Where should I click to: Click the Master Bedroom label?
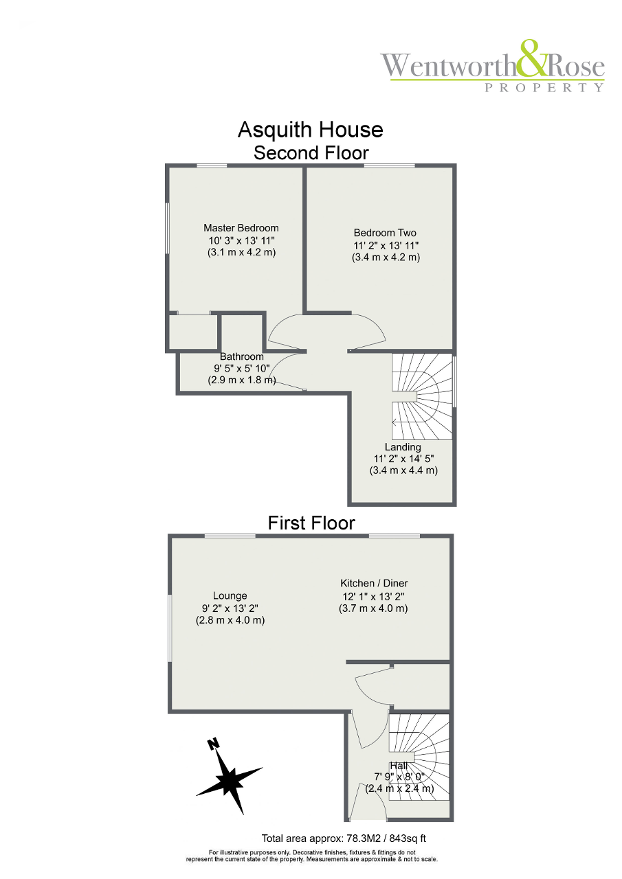tap(241, 228)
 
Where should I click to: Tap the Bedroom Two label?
tap(385, 233)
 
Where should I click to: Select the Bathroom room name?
tap(241, 356)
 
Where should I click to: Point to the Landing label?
tap(403, 447)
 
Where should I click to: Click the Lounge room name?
tap(230, 595)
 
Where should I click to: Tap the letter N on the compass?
tap(213, 743)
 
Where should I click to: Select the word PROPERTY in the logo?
tap(544, 87)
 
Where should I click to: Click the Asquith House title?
tap(310, 130)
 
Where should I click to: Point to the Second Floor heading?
tap(311, 152)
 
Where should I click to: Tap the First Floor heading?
tap(311, 523)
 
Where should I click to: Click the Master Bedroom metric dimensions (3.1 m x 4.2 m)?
tap(241, 252)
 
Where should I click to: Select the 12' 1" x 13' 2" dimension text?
tap(373, 597)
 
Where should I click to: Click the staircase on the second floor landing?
tap(422, 396)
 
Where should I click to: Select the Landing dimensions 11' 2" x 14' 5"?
tap(403, 459)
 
